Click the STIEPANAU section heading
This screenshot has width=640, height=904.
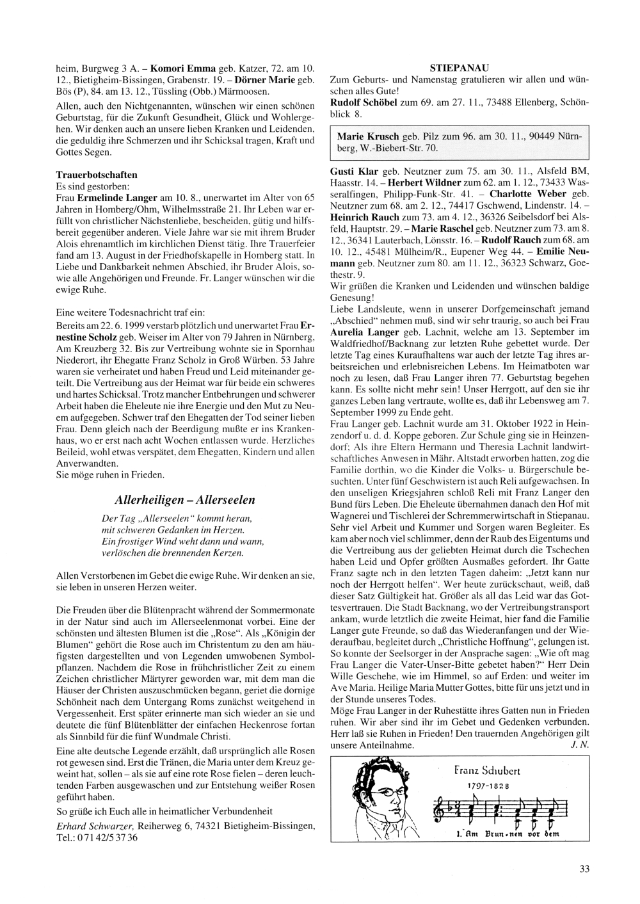458,67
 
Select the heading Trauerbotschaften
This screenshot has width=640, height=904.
97,174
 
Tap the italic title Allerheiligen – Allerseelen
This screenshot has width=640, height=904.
186,500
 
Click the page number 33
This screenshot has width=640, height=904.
584,869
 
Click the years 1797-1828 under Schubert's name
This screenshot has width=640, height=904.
488,786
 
